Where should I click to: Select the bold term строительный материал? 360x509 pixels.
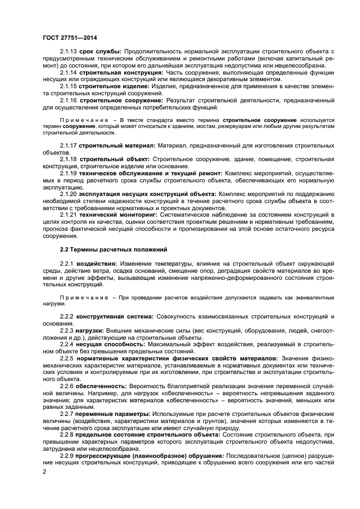[x=117, y=145]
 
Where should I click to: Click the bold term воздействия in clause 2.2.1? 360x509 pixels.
[x=97, y=263]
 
